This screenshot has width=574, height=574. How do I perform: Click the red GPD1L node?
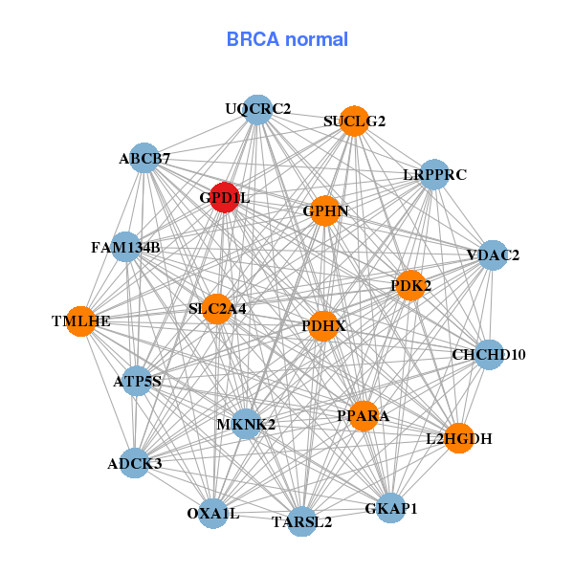click(225, 197)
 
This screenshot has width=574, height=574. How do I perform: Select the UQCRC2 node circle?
click(257, 110)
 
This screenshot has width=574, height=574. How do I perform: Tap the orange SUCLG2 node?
click(354, 121)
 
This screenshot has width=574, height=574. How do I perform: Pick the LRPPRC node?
click(433, 175)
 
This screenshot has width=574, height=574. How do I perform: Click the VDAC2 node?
click(492, 255)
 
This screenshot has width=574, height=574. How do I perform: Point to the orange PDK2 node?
click(410, 285)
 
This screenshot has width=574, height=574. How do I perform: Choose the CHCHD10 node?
click(489, 355)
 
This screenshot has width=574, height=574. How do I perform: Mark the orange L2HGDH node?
click(459, 438)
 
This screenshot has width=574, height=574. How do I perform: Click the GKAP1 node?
click(391, 508)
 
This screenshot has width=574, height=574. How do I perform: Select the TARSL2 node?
click(301, 521)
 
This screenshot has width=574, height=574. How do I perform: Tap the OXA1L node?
click(213, 514)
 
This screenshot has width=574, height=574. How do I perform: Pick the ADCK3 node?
click(135, 464)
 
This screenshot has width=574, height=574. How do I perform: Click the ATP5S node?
click(137, 382)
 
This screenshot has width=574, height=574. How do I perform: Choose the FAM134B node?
click(126, 248)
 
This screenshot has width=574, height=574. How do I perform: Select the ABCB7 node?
click(144, 158)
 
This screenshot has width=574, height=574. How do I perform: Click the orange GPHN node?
click(325, 210)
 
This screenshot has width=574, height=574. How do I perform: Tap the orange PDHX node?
click(323, 326)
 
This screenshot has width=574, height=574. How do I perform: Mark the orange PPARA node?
click(364, 415)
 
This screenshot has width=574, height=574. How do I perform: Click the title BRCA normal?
click(287, 39)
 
